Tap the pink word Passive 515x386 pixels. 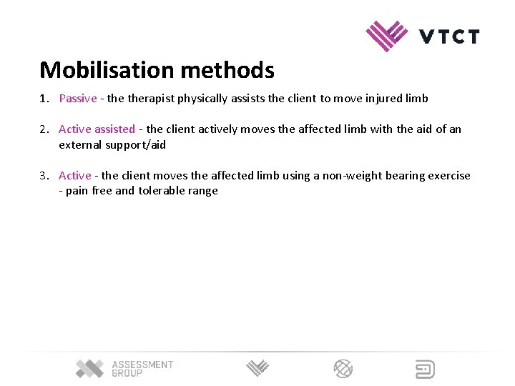(77, 99)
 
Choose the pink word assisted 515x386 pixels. (114, 129)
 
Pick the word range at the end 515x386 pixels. (202, 191)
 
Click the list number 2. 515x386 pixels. (44, 129)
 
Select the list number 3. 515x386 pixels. (44, 176)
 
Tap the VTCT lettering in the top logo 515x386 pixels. (448, 36)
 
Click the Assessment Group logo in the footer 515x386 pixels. (124, 369)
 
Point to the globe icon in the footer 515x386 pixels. (343, 369)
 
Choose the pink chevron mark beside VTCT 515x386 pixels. (387, 36)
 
